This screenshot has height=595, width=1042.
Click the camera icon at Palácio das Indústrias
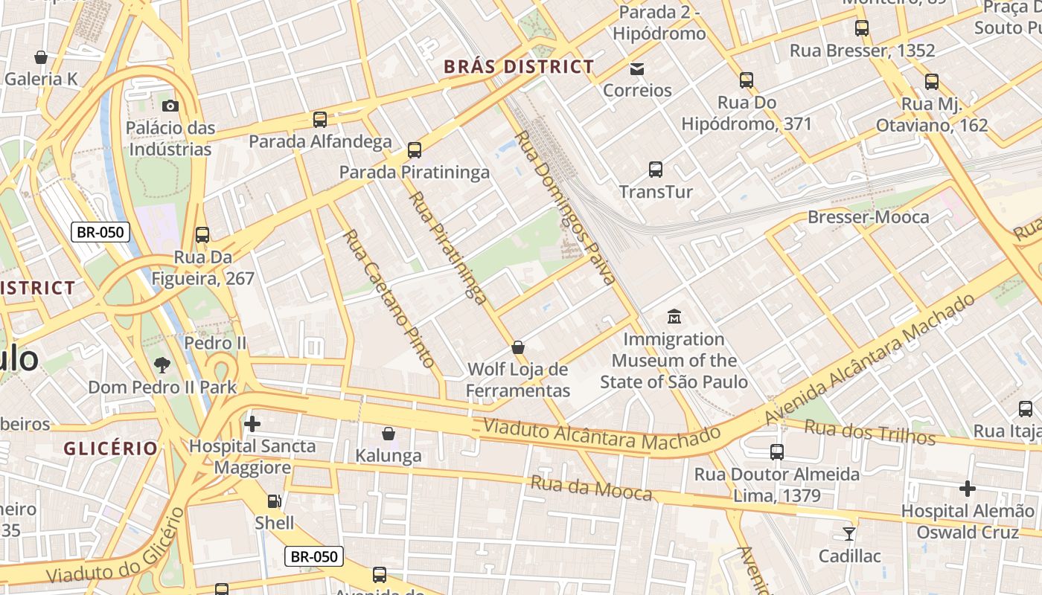click(170, 106)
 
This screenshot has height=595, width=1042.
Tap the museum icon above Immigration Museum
click(674, 316)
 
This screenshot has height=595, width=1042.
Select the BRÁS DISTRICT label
click(519, 67)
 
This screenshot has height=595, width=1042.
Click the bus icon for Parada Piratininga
click(415, 150)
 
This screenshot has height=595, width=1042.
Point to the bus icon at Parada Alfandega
click(320, 119)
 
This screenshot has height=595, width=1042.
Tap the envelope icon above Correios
click(637, 69)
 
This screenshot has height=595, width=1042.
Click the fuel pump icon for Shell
click(275, 501)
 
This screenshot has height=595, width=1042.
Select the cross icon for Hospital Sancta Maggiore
click(252, 424)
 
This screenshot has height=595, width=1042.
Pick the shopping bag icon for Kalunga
click(389, 434)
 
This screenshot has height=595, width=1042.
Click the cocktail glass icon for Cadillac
click(848, 533)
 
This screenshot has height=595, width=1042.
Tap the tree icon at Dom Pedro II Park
click(162, 365)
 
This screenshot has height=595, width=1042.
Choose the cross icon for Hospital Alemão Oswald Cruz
click(967, 489)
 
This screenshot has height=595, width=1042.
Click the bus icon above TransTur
click(656, 170)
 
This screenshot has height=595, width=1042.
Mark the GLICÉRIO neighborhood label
click(111, 448)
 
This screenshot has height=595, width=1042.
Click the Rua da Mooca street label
click(591, 489)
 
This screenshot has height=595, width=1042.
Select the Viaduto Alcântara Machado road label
click(601, 434)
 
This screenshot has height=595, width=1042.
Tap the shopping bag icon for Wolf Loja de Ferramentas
click(518, 347)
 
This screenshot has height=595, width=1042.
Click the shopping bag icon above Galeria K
click(41, 57)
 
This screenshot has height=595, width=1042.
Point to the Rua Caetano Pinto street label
click(388, 298)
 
